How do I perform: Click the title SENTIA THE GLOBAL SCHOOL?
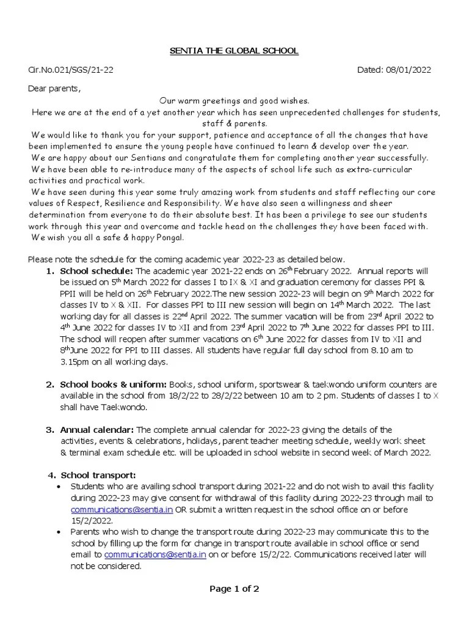[x=234, y=51]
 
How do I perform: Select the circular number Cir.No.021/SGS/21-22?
[x=71, y=70]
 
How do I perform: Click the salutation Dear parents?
[x=54, y=89]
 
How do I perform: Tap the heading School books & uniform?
[x=113, y=385]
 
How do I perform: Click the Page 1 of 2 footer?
[x=234, y=589]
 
